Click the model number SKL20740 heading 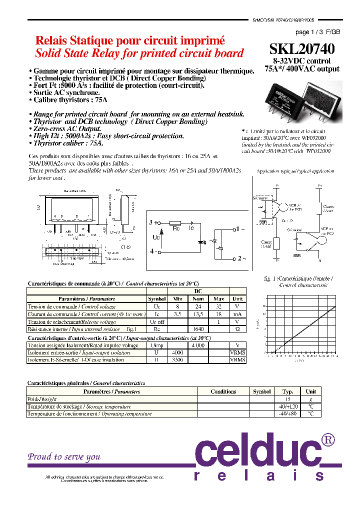[302, 49]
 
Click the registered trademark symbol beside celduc [327, 439]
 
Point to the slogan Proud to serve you [64, 456]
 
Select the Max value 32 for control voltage [218, 306]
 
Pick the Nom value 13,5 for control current [198, 314]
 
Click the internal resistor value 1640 [198, 329]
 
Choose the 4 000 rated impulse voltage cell [198, 345]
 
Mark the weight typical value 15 [287, 399]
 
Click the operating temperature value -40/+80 [287, 413]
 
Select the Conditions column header [223, 391]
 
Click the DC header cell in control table [198, 290]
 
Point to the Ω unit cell [237, 329]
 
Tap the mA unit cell [237, 314]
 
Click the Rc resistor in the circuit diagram [175, 223]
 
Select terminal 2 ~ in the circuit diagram [239, 258]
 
